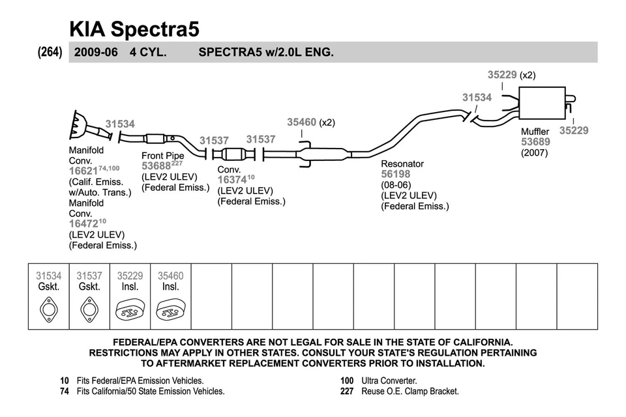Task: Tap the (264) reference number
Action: pos(50,52)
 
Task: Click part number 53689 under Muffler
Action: pos(535,142)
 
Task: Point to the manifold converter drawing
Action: pos(81,125)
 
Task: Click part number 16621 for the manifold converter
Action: pos(83,171)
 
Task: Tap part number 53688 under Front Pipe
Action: pos(155,166)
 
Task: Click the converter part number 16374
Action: pos(231,180)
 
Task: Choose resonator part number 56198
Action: pos(396,174)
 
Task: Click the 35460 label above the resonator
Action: pos(302,122)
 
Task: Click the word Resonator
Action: pos(402,164)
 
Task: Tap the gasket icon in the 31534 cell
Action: pos(48,308)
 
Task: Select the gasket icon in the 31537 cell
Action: pos(89,308)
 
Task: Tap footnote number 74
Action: pos(65,392)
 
